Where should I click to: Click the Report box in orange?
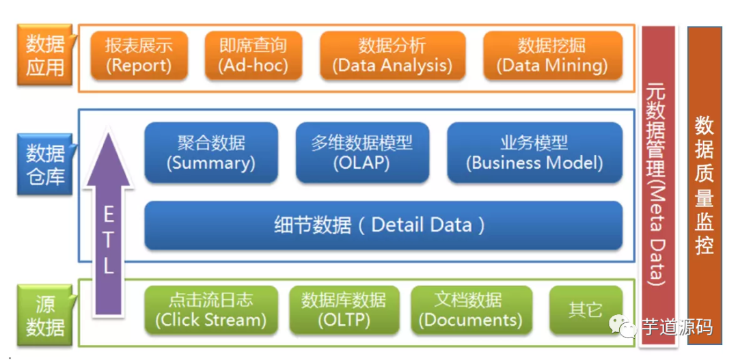[x=139, y=55]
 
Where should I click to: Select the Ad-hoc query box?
[x=254, y=55]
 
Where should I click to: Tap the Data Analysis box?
[x=392, y=55]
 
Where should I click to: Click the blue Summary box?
[x=210, y=153]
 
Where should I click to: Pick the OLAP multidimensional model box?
[x=362, y=153]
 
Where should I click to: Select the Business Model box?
[x=534, y=153]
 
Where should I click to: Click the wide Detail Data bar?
[x=383, y=225]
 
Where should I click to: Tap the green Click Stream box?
[x=210, y=310]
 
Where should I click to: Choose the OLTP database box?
[x=344, y=310]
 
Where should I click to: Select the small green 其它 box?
[x=586, y=309]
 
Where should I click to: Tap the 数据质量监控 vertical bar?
[x=705, y=184]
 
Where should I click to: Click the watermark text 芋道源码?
[x=677, y=328]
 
